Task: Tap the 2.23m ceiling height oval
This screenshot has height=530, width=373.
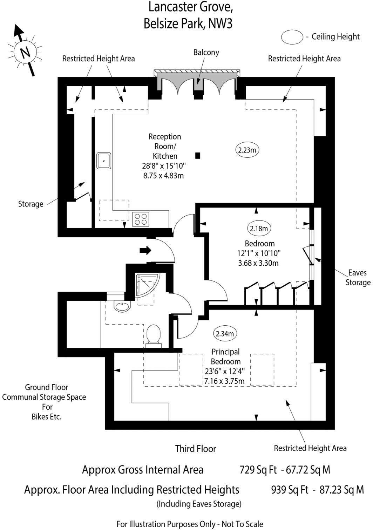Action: click(247, 150)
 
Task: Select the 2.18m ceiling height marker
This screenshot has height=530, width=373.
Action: click(259, 229)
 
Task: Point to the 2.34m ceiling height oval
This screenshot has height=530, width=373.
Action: click(225, 333)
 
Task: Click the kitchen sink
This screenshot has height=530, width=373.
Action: click(104, 161)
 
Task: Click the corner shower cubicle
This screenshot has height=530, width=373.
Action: click(147, 284)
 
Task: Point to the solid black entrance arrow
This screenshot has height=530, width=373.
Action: click(145, 250)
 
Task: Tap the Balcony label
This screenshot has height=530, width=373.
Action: click(206, 53)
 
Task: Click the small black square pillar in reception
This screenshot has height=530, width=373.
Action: click(198, 156)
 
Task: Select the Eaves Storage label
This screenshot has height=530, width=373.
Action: click(358, 278)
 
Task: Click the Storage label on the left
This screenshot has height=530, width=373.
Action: click(31, 204)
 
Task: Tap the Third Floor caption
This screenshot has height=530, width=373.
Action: click(196, 449)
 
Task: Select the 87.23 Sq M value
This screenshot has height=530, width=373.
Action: click(341, 490)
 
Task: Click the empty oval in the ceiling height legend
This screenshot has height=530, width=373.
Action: click(292, 37)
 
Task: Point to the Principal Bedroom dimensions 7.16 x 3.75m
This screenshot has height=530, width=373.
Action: click(224, 381)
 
